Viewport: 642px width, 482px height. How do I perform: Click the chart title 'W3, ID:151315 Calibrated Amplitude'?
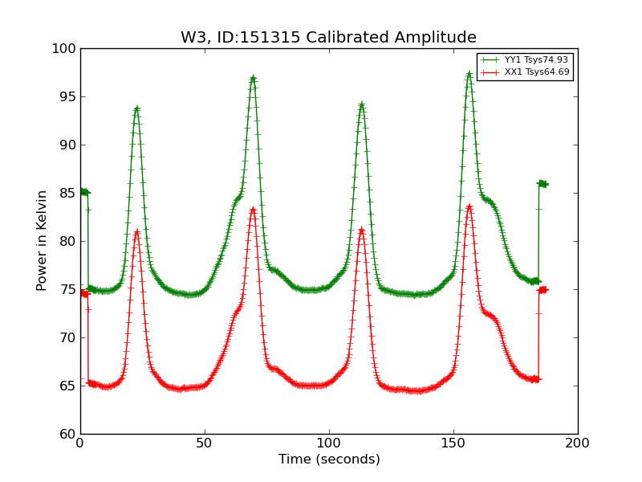pos(328,38)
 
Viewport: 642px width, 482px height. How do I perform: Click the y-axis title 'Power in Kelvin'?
pos(43,240)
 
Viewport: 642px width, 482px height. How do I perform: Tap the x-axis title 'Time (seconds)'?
pos(329,460)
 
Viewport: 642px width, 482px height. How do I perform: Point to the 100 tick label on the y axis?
pos(65,49)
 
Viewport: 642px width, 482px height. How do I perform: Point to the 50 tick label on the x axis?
pos(205,443)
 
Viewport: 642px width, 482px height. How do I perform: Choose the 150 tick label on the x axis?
pos(453,443)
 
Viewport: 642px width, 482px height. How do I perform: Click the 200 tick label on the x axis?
pos(578,443)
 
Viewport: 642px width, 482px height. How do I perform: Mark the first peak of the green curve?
pos(136,108)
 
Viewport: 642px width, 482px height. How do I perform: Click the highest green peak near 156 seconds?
pos(469,74)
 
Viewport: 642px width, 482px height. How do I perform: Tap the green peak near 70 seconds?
pos(253,79)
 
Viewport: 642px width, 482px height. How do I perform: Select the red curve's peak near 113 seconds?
pos(361,231)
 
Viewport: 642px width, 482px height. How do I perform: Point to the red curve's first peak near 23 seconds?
pos(136,232)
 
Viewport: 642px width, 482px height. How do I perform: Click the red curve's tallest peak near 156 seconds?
pos(469,206)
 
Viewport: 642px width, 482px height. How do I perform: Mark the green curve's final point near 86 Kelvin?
pos(545,184)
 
